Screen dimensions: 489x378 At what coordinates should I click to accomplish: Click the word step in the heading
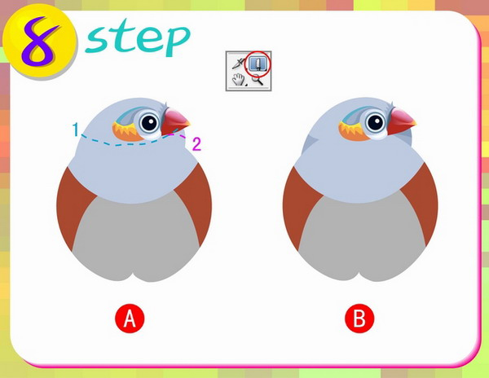pos(137,38)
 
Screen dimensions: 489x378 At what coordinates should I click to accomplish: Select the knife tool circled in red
pos(258,64)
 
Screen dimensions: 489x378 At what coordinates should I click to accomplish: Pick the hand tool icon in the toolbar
pos(239,79)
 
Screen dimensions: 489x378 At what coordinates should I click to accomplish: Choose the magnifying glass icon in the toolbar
pos(258,80)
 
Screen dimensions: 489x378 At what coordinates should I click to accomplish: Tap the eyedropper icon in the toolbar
pos(239,64)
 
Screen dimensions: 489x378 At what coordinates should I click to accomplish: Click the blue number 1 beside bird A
pos(76,130)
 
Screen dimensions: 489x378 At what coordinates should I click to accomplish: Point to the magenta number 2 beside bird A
pos(196,144)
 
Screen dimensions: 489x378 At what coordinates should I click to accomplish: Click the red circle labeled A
pos(130,319)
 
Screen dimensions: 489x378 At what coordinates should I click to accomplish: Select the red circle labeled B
pos(359,319)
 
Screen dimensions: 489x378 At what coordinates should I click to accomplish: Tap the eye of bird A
pos(150,122)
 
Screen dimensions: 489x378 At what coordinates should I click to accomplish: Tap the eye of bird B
pos(376,122)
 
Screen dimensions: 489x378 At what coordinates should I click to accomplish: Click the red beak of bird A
pos(174,121)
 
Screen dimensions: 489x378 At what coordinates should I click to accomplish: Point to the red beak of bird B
pos(400,121)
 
